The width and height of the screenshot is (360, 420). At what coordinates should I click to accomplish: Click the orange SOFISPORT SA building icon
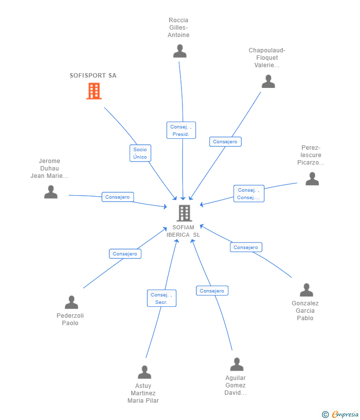click(x=94, y=91)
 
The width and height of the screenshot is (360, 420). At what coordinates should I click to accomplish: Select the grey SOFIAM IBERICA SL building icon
click(x=184, y=213)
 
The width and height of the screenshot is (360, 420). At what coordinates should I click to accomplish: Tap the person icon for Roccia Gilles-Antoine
click(x=180, y=51)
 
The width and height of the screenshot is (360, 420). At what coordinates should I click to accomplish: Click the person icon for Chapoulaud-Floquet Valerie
click(x=269, y=82)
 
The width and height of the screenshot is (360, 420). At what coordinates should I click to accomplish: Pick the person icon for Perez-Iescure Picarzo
click(x=313, y=179)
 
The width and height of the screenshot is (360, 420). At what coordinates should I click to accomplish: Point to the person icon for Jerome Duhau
click(x=51, y=192)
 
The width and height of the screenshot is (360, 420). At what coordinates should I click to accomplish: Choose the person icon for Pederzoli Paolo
click(x=71, y=302)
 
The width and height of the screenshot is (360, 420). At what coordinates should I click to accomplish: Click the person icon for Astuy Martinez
click(x=144, y=372)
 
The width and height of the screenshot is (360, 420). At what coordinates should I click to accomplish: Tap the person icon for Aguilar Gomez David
click(x=237, y=364)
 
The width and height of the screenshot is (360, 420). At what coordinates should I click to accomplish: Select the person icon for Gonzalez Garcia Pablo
click(x=307, y=290)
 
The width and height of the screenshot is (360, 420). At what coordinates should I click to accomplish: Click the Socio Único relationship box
click(x=140, y=153)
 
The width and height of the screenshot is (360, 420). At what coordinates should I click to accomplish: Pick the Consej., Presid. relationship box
click(x=181, y=130)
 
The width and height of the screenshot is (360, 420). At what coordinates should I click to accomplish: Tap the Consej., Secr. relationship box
click(x=162, y=298)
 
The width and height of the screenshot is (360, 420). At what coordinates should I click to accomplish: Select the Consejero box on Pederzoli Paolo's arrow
click(x=125, y=253)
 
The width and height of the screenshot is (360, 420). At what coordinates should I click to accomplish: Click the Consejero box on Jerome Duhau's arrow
click(x=118, y=197)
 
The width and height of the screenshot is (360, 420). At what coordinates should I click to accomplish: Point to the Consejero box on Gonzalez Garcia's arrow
click(x=246, y=247)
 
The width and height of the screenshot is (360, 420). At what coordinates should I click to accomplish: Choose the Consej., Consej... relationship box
click(x=249, y=193)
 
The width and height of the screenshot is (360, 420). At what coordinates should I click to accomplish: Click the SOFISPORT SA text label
click(x=93, y=76)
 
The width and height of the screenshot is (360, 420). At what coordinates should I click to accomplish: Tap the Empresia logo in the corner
click(x=340, y=415)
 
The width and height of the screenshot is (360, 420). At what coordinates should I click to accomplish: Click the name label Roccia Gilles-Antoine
click(x=179, y=28)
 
